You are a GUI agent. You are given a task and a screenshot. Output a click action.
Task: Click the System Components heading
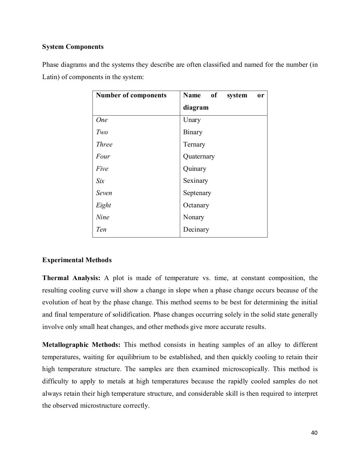[73, 47]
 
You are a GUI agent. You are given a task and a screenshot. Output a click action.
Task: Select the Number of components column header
[131, 95]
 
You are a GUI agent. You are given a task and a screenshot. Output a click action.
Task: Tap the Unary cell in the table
[192, 120]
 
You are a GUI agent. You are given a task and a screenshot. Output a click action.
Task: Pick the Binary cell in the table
[193, 132]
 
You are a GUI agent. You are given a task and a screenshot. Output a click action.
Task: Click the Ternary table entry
[194, 144]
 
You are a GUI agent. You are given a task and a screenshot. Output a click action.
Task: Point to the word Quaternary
[199, 156]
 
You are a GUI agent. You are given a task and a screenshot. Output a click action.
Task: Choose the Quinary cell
[194, 169]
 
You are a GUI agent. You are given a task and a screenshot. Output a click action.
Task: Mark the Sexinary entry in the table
[195, 181]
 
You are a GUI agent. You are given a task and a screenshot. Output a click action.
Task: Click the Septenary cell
[197, 193]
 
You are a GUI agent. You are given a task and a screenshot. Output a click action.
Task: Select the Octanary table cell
[196, 205]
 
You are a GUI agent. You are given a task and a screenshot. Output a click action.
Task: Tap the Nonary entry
[193, 217]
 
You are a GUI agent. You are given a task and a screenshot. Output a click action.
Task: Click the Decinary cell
[196, 229]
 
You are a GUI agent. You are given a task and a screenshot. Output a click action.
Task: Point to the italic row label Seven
[104, 193]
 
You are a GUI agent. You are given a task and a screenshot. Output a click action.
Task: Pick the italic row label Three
[104, 144]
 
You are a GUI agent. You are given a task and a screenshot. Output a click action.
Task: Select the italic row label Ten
[101, 229]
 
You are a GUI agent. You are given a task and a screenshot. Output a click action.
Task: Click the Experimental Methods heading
[77, 260]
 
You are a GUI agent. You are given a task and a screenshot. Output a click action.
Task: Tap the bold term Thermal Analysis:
[71, 278]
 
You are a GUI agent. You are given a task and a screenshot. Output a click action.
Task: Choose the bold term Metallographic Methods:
[81, 345]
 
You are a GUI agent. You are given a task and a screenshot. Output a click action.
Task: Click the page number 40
[314, 433]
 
